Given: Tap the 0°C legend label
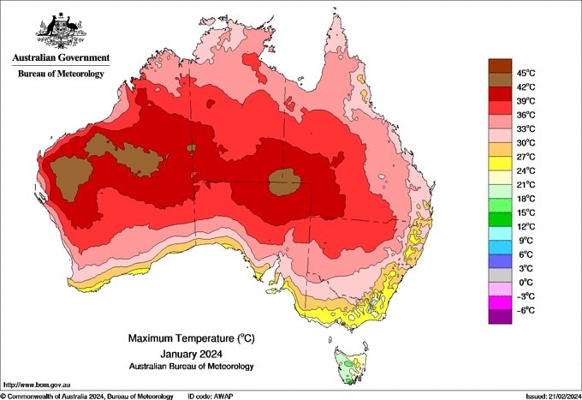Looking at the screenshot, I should pyautogui.click(x=526, y=282).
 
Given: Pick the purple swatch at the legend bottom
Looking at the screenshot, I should pyautogui.click(x=499, y=317).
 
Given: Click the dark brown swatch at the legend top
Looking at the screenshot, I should pyautogui.click(x=499, y=65).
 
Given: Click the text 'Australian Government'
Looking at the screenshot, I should pyautogui.click(x=61, y=58).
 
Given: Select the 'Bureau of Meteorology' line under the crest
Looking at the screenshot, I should pyautogui.click(x=61, y=74).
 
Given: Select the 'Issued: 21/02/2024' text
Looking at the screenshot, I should pyautogui.click(x=547, y=395).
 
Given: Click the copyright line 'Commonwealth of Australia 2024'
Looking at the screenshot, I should pyautogui.click(x=86, y=395).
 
